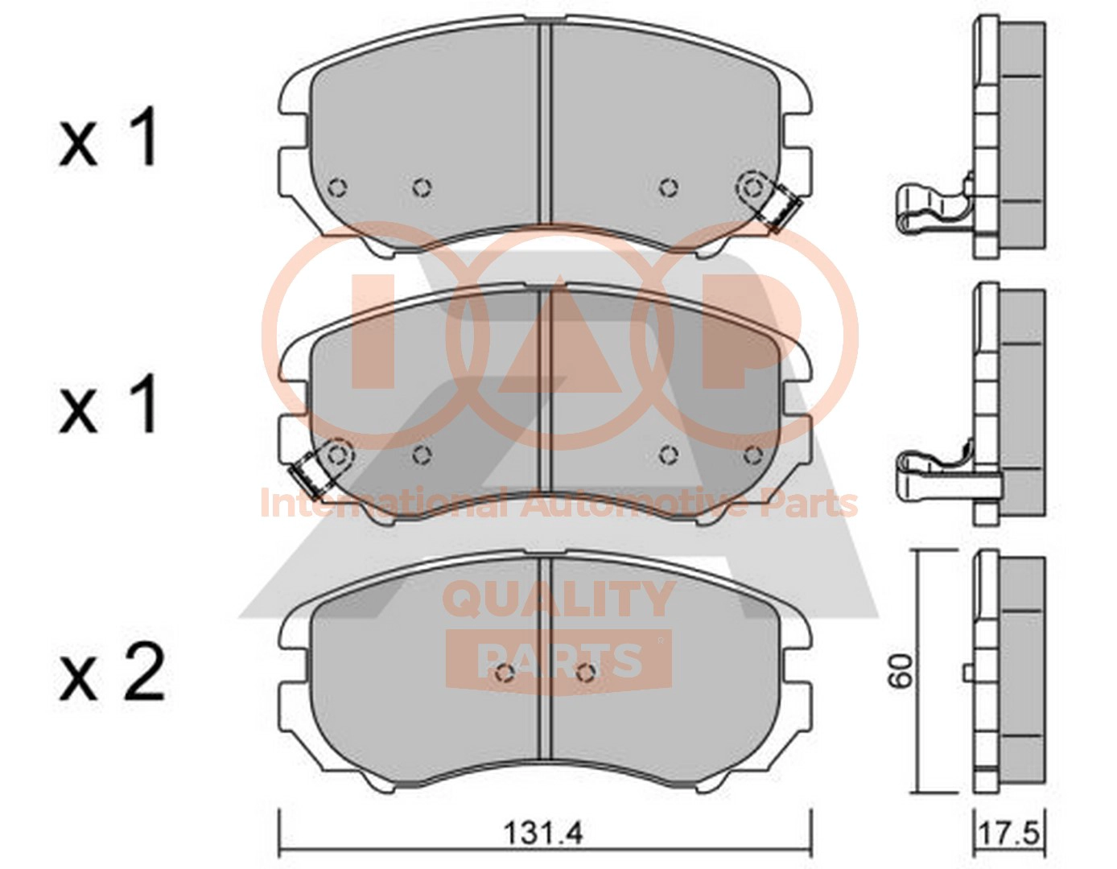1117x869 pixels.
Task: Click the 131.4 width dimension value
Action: pos(544,848)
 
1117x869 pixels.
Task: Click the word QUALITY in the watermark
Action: pos(558,599)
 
